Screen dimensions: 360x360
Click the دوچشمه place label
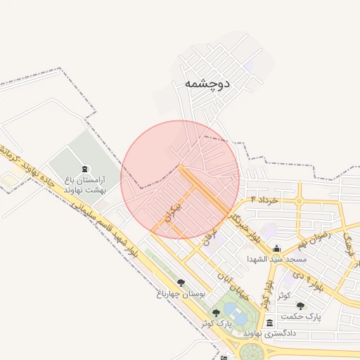coord(207,83)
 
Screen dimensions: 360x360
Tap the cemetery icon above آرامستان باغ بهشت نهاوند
coord(85,169)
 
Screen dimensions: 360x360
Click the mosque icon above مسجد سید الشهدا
coord(276,249)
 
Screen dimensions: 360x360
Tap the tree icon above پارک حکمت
coord(301,306)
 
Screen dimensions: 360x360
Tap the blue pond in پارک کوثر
coord(239,318)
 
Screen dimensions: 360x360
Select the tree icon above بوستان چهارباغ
coord(181,283)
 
